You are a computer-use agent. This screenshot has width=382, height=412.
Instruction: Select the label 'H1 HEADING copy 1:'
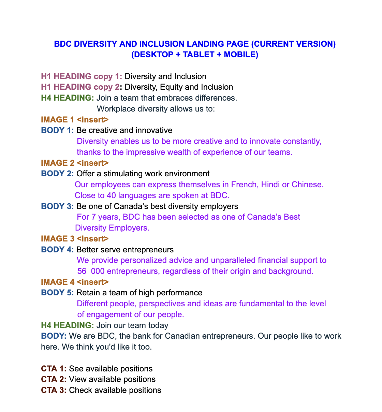coord(82,76)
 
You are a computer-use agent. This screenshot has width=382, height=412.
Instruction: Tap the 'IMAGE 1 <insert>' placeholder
coord(75,120)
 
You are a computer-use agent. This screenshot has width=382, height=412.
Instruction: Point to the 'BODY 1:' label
coord(57,130)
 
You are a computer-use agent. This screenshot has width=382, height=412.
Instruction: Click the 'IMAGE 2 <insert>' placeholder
coord(75,163)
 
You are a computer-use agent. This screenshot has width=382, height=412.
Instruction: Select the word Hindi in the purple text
coord(270,185)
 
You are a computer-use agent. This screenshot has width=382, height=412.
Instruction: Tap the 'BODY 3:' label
coord(57,206)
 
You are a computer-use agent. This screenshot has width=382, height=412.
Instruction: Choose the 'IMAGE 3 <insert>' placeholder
coord(75,239)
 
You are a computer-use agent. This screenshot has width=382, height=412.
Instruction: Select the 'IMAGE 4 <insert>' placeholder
coord(75,282)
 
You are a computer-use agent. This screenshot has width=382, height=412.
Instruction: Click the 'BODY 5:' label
coord(57,293)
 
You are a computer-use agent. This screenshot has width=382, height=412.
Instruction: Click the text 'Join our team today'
coord(132,325)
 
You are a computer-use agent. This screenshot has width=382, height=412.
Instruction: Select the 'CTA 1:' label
coord(54,369)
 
